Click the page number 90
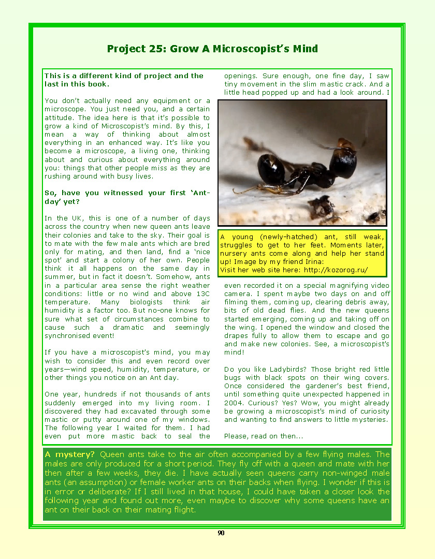[221, 534]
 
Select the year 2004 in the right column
[235, 403]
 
